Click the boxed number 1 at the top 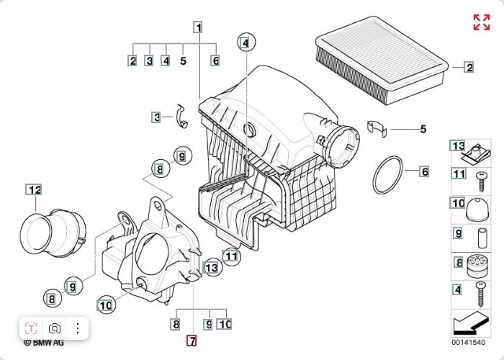(x=199, y=27)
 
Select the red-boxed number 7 (x=192, y=341)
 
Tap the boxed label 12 (x=34, y=189)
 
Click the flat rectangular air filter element (x=382, y=60)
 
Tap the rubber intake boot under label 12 (x=53, y=232)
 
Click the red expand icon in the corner (x=482, y=22)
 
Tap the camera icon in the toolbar (x=55, y=328)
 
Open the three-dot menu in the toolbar (x=78, y=328)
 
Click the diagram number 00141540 (x=468, y=342)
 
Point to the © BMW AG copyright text (x=44, y=343)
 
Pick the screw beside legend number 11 (x=482, y=182)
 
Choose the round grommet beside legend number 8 (x=478, y=266)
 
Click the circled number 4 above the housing (x=246, y=42)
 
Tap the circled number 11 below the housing (x=231, y=256)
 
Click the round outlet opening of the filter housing (x=343, y=147)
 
